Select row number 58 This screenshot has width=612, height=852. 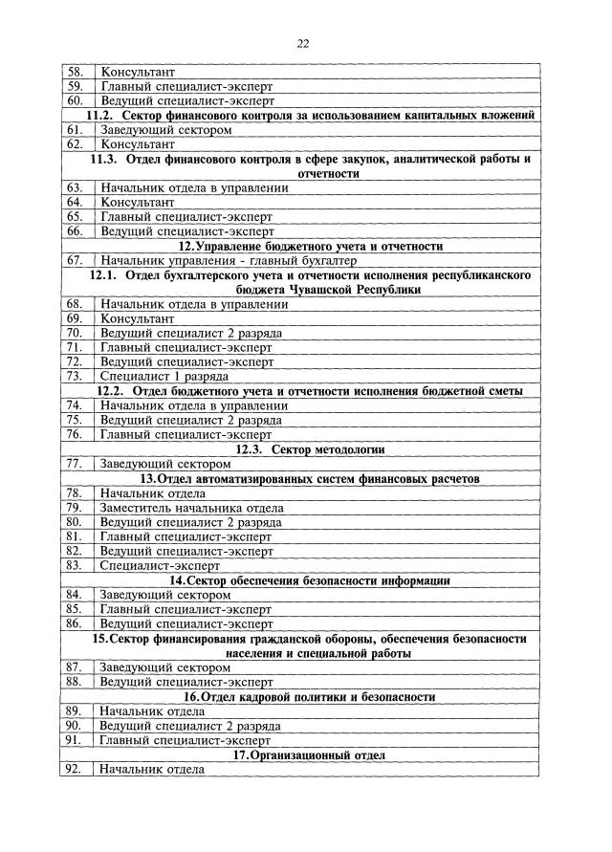tap(75, 72)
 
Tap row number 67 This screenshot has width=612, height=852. tap(75, 260)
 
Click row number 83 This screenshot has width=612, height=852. tap(75, 565)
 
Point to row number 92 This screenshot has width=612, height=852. tap(75, 769)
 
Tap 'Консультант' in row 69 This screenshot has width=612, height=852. tap(138, 317)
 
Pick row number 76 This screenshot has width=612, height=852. tap(75, 433)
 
